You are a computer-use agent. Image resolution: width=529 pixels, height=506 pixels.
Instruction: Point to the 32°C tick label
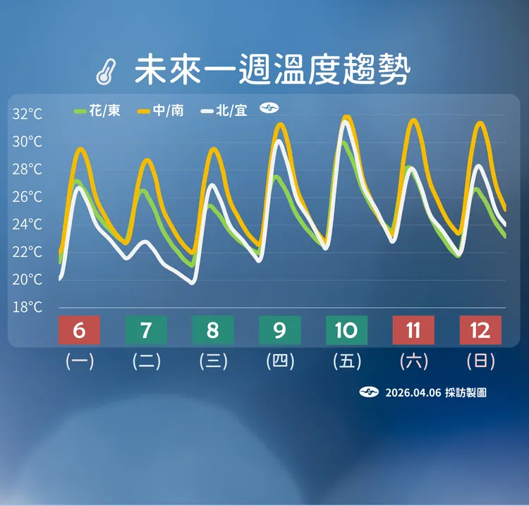pyautogui.click(x=28, y=114)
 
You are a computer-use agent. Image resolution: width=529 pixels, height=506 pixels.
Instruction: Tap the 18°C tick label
pyautogui.click(x=28, y=308)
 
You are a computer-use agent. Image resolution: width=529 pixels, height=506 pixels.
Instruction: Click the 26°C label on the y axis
pyautogui.click(x=28, y=197)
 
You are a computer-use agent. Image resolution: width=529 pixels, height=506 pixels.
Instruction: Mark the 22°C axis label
pyautogui.click(x=28, y=252)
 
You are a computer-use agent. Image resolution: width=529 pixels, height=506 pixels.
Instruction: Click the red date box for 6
pyautogui.click(x=79, y=330)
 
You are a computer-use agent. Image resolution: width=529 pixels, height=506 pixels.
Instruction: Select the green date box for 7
pyautogui.click(x=146, y=330)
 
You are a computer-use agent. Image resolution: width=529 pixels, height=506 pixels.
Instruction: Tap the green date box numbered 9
pyautogui.click(x=280, y=330)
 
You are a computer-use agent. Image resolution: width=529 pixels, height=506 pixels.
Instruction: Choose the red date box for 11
pyautogui.click(x=413, y=330)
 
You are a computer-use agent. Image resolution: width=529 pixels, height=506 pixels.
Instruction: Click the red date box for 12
pyautogui.click(x=480, y=330)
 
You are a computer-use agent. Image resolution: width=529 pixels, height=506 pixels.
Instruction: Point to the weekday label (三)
pyautogui.click(x=213, y=362)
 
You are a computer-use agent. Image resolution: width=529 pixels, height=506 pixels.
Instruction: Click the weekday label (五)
pyautogui.click(x=347, y=362)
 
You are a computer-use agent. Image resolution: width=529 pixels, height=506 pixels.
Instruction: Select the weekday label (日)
pyautogui.click(x=480, y=362)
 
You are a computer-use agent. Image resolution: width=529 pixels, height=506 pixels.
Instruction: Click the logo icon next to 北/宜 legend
pyautogui.click(x=269, y=109)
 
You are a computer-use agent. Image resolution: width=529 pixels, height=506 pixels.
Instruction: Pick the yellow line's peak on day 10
pyautogui.click(x=346, y=117)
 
